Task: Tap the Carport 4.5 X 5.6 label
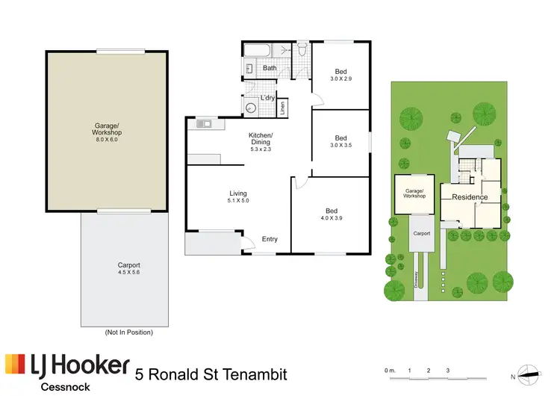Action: click(128, 269)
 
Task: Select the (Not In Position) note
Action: click(128, 332)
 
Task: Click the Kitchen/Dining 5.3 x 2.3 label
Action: click(261, 141)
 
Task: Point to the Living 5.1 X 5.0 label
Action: click(237, 197)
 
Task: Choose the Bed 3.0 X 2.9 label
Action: click(340, 75)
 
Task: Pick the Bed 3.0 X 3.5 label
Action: click(340, 141)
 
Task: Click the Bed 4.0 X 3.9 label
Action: click(330, 214)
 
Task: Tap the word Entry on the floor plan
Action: click(270, 239)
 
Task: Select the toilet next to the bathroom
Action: click(302, 51)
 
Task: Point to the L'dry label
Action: click(267, 98)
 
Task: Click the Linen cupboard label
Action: click(283, 108)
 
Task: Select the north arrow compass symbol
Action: click(528, 375)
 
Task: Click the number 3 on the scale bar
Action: click(447, 370)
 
